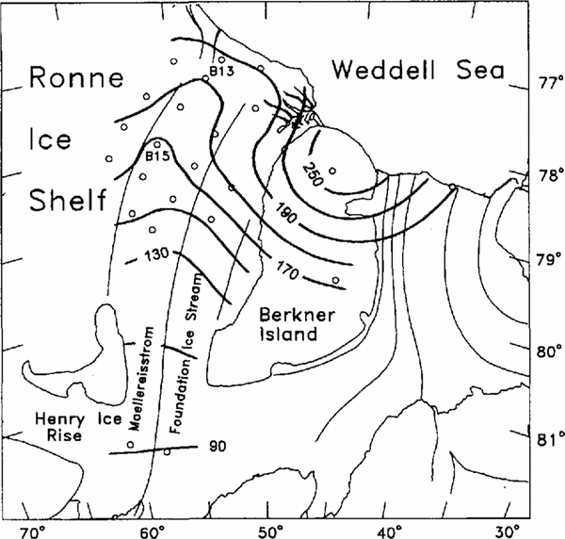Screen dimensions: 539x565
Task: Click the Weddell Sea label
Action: click(x=418, y=71)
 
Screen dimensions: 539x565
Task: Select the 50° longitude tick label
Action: click(x=270, y=527)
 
